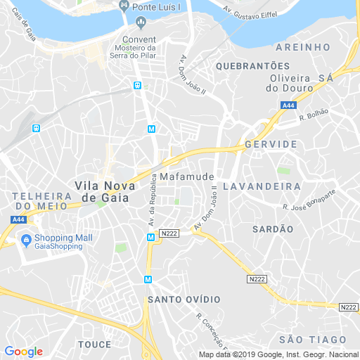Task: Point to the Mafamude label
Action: tap(186, 176)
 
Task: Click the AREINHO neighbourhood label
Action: tap(303, 46)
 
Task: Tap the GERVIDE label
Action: tap(271, 143)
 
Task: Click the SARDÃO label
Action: tap(273, 229)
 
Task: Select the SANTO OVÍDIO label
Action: tap(184, 300)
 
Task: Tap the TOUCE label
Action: tap(95, 345)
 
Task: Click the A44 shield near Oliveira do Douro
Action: tap(288, 105)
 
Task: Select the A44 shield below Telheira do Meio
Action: tap(19, 220)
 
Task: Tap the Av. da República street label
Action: tap(151, 200)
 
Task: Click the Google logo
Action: tap(24, 352)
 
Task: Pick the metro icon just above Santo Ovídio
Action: tap(148, 279)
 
